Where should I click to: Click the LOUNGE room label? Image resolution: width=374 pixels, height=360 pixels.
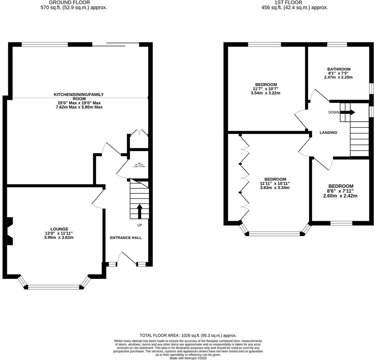click(x=59, y=229)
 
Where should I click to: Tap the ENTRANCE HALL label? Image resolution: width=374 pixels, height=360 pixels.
click(x=125, y=238)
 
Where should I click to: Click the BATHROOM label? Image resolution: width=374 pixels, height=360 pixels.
click(x=339, y=69)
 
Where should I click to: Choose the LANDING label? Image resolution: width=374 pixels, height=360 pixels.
click(x=328, y=133)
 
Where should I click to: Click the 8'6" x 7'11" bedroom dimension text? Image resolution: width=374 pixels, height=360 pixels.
click(x=340, y=191)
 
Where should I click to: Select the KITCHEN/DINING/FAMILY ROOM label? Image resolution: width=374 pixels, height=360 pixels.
click(x=78, y=97)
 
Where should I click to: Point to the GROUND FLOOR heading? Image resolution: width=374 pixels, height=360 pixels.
click(x=74, y=2)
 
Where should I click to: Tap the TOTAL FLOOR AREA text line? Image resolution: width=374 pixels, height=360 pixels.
click(x=188, y=335)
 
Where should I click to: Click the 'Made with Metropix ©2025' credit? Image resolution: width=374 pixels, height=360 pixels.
click(x=188, y=358)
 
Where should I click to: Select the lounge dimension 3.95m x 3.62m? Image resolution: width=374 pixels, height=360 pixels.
click(x=59, y=237)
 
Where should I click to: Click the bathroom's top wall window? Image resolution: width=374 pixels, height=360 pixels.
click(x=337, y=44)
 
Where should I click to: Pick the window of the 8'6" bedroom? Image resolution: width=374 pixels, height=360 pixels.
click(x=341, y=223)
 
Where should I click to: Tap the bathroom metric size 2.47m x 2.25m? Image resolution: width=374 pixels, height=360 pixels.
click(x=339, y=77)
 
